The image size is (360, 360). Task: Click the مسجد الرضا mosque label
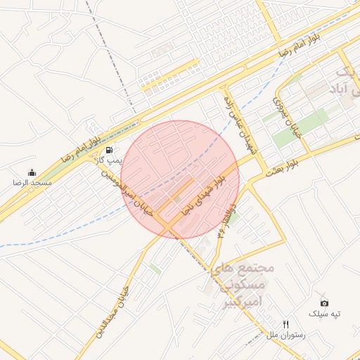pyautogui.click(x=28, y=182)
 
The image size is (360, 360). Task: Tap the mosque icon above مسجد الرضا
pyautogui.click(x=32, y=172)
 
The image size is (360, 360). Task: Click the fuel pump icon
pyautogui.click(x=109, y=150)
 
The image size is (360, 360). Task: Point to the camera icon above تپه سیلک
pyautogui.click(x=324, y=302)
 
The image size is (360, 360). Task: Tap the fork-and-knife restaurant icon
pyautogui.click(x=285, y=324)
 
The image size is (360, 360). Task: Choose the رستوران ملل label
pyautogui.click(x=285, y=335)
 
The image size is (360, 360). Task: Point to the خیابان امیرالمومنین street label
pyautogui.click(x=127, y=191)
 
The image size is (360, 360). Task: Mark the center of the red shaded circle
pyautogui.click(x=180, y=180)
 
